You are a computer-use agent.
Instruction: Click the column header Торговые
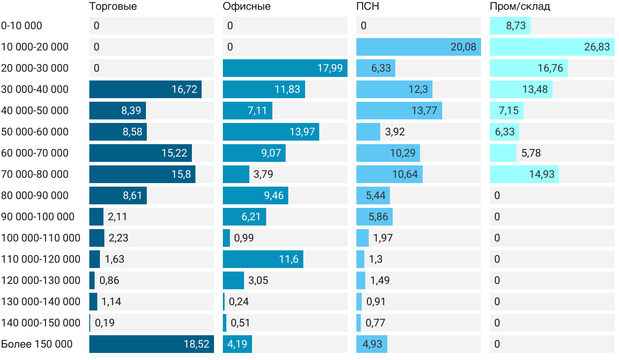click(x=113, y=7)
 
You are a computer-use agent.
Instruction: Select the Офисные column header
click(x=246, y=7)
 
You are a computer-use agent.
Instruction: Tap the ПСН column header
click(x=367, y=7)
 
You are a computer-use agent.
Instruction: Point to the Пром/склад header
click(x=520, y=7)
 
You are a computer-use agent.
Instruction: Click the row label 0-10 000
click(x=22, y=26)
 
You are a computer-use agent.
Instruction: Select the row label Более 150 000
click(x=37, y=344)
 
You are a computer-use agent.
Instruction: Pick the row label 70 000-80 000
click(x=35, y=174)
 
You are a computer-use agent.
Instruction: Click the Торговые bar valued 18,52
click(x=151, y=344)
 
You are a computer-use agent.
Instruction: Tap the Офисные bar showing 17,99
click(x=285, y=68)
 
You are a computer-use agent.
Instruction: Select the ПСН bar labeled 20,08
click(x=418, y=47)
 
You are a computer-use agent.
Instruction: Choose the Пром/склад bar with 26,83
click(x=552, y=47)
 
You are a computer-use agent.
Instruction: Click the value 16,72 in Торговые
click(x=184, y=89)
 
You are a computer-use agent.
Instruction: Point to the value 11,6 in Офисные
click(x=289, y=259)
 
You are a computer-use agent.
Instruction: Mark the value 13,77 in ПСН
click(x=424, y=111)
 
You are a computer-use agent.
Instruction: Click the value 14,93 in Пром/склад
click(x=542, y=174)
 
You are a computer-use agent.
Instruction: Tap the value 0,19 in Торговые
click(x=105, y=323)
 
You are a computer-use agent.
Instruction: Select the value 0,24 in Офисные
click(x=239, y=302)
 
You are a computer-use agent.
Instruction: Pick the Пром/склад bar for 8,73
click(x=510, y=26)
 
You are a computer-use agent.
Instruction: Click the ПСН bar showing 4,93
click(x=371, y=344)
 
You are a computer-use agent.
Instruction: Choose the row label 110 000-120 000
click(x=41, y=259)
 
